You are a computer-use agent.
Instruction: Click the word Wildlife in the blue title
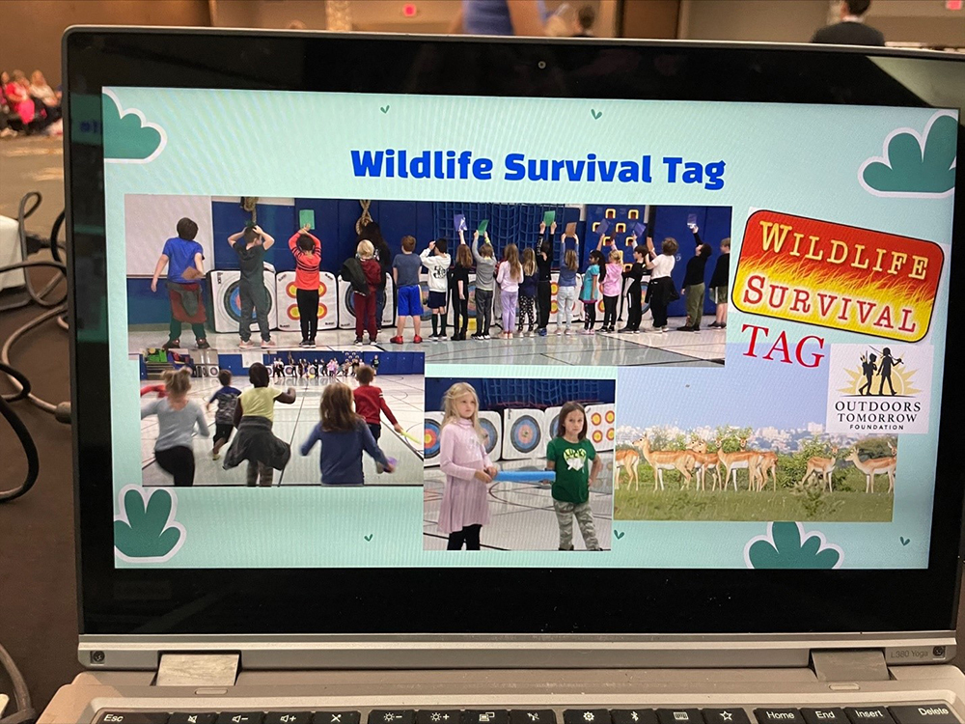tap(422, 165)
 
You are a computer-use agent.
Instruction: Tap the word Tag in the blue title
tap(695, 171)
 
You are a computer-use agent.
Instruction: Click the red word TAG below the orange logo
tap(783, 347)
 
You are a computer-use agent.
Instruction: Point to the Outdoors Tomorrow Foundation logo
tap(879, 388)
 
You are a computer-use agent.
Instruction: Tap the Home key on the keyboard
tap(779, 714)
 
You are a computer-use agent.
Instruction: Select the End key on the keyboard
tap(824, 714)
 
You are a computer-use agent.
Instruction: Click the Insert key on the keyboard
tap(868, 713)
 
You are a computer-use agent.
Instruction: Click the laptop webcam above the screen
tap(541, 64)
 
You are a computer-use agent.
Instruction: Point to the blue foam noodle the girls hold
tap(525, 476)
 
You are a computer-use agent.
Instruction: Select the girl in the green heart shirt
tap(573, 475)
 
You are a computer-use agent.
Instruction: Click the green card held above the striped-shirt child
tap(306, 219)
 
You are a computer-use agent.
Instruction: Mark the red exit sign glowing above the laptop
tap(408, 10)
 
